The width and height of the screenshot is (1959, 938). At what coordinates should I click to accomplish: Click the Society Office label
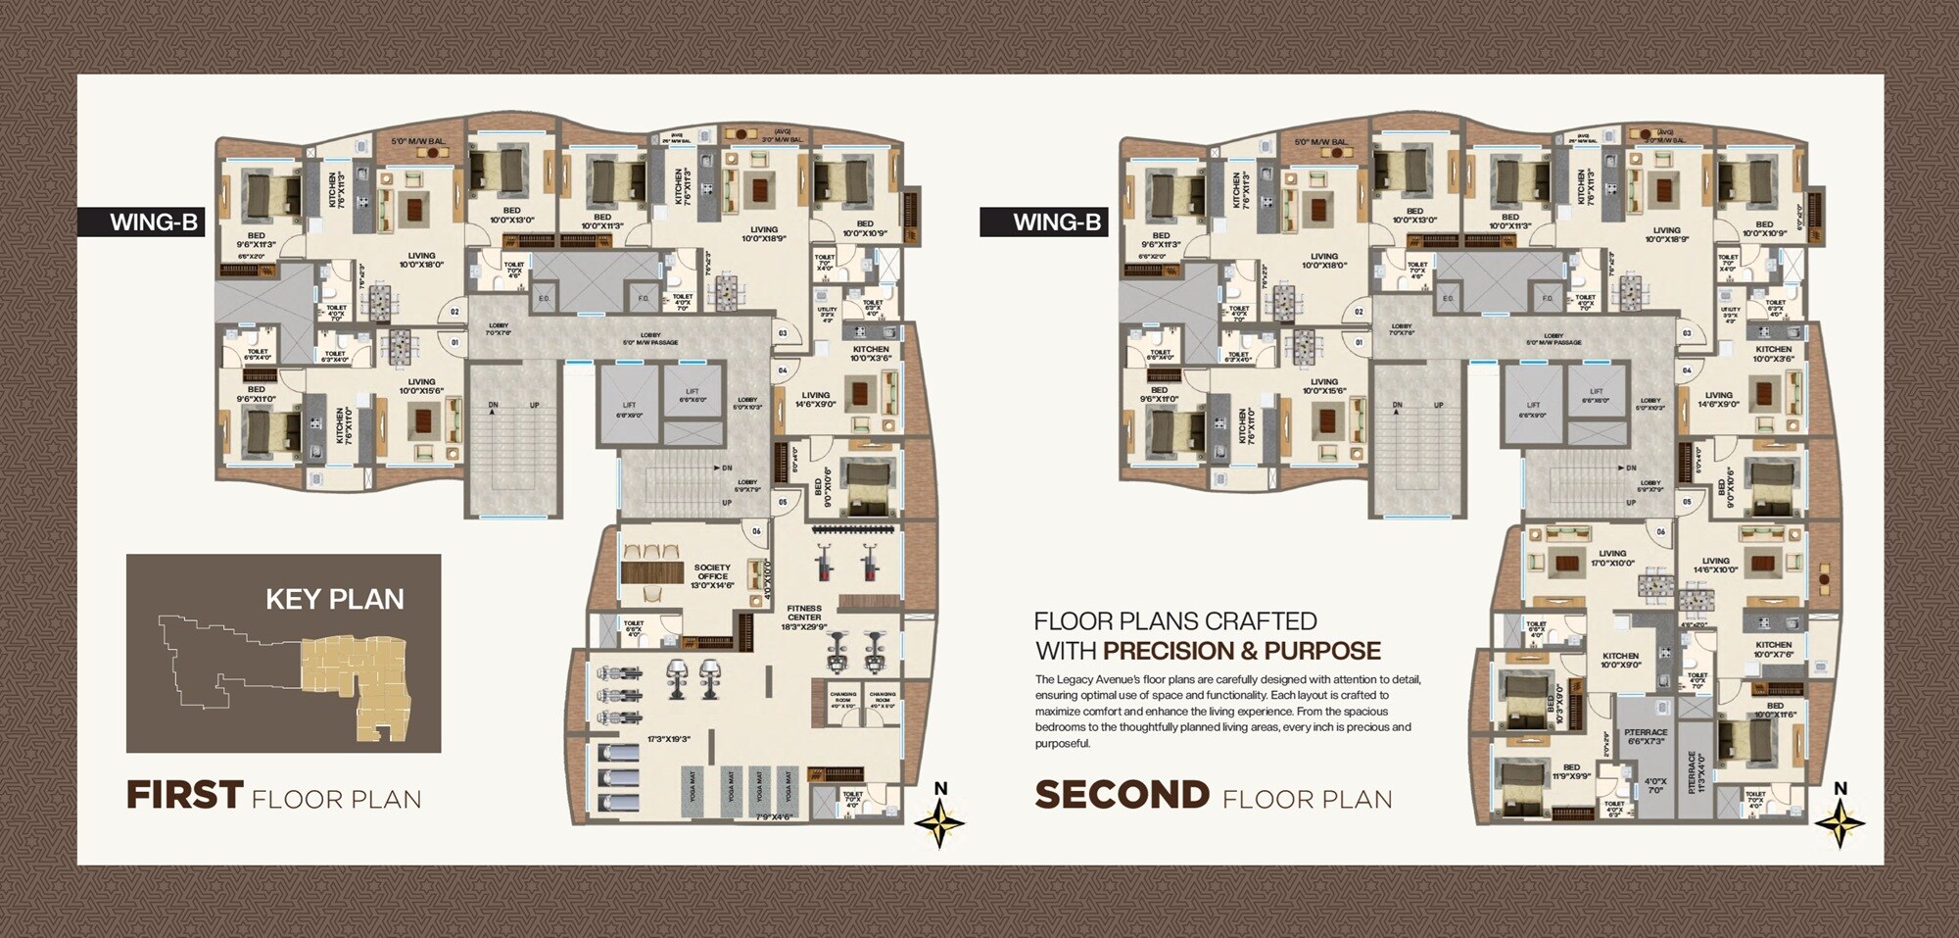(x=712, y=575)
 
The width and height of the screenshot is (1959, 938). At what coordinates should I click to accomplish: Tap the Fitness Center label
(x=804, y=617)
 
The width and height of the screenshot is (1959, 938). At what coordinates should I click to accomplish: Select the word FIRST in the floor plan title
(x=184, y=795)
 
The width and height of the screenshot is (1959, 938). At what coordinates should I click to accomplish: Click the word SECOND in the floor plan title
(x=1122, y=795)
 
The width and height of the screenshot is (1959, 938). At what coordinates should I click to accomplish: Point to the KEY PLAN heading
(x=334, y=599)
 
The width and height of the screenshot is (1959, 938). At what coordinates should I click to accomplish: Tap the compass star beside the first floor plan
(x=939, y=822)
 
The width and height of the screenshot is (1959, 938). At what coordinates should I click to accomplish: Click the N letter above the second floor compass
(x=1840, y=788)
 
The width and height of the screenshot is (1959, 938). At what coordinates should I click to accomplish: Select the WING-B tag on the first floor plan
(x=154, y=222)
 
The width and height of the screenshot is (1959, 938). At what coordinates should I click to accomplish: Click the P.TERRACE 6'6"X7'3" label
(x=1645, y=736)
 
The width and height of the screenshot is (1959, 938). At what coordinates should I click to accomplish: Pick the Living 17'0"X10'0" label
(x=1612, y=558)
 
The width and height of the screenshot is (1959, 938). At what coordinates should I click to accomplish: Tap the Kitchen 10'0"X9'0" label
(x=1620, y=661)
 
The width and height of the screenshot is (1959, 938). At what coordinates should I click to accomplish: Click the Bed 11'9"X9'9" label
(x=1571, y=771)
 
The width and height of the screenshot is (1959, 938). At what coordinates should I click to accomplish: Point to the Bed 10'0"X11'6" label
(x=1775, y=710)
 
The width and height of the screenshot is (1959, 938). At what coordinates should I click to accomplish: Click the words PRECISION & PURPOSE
(x=1241, y=651)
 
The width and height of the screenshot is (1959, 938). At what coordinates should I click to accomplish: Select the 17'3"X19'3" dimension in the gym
(x=669, y=739)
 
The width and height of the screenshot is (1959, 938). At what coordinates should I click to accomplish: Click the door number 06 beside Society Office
(x=756, y=531)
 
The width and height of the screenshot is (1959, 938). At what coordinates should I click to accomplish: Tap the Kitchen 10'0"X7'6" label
(x=1773, y=649)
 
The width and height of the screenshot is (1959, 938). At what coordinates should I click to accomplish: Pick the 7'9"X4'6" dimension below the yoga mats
(x=773, y=815)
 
